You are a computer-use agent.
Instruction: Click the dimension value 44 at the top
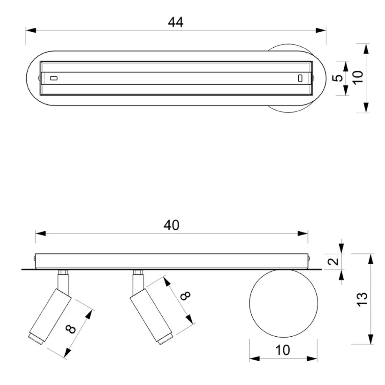tap(176, 22)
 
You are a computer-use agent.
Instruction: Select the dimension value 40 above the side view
tap(171, 225)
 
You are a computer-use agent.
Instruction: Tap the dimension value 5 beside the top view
tap(338, 78)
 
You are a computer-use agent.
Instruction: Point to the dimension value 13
tap(363, 299)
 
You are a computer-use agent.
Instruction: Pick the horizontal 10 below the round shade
tap(283, 350)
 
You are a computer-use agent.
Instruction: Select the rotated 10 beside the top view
tap(358, 77)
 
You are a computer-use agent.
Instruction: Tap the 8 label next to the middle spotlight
tap(185, 296)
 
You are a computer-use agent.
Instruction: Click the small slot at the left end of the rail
tap(54, 78)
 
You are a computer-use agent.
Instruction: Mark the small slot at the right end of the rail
tap(300, 78)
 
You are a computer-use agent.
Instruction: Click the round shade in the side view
tap(283, 303)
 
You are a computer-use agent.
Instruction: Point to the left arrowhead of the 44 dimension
tap(31, 30)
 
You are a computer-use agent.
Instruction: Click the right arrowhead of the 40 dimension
tap(303, 233)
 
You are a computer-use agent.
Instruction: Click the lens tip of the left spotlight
tap(36, 339)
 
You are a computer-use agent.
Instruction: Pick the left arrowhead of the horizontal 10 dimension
tap(254, 359)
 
